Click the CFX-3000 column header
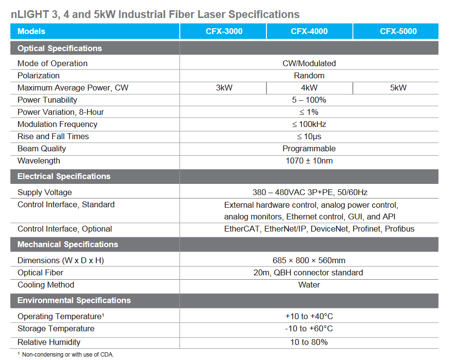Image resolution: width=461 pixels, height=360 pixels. (224, 31)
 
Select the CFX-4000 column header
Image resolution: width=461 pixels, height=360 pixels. (309, 31)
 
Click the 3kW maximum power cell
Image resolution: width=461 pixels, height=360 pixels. (224, 88)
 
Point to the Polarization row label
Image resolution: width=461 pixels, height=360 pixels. (38, 76)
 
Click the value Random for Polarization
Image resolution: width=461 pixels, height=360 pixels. (309, 76)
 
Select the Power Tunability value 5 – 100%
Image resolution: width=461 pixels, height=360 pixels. (309, 100)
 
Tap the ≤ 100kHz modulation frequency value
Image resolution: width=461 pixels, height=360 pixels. (309, 125)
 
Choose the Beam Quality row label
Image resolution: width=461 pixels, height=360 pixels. (41, 149)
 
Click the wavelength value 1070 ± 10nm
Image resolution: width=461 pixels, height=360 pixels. (309, 161)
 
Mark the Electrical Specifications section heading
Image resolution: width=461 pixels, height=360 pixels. (64, 177)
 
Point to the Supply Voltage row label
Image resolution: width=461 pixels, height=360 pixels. (44, 193)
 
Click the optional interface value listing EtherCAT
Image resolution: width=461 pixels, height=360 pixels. (319, 229)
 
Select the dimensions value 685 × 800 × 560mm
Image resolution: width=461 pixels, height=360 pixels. (309, 261)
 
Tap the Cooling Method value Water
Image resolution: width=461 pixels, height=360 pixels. (309, 285)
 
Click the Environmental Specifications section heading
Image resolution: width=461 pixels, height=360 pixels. (74, 301)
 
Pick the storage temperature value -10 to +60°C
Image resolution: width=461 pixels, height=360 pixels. (309, 329)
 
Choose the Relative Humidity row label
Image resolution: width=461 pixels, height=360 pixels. (49, 342)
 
